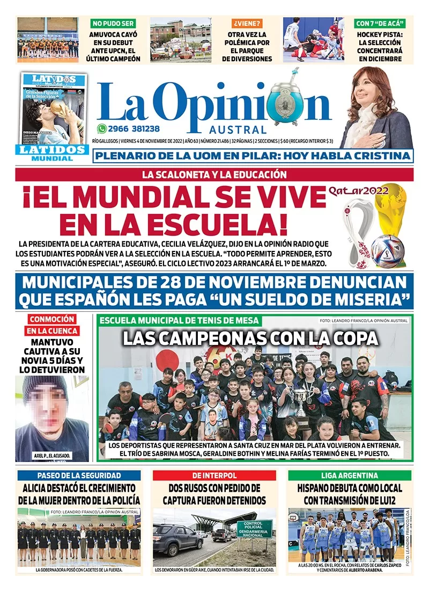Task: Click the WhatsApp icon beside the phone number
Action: pos(102,129)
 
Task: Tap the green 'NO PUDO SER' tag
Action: pos(113,24)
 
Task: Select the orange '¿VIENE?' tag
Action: pos(247,24)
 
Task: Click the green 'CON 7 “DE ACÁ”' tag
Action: pos(380,24)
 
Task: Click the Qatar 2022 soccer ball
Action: pos(387,250)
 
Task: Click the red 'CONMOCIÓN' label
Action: pos(52,319)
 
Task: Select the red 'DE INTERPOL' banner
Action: pos(214,475)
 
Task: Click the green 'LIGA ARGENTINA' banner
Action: pos(350,475)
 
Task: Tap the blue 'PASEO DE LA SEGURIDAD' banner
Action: pos(79,475)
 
